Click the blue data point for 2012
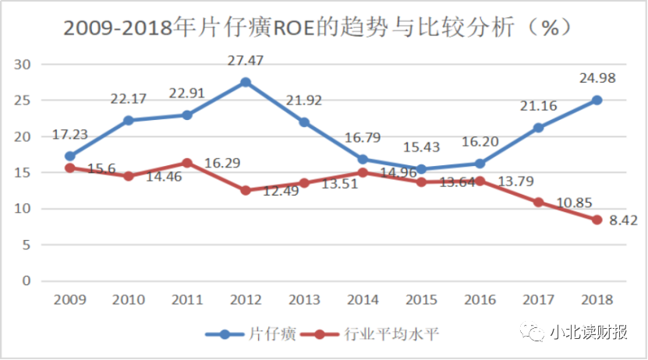coord(246,82)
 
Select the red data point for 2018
coord(597,220)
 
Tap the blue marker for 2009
coord(70,156)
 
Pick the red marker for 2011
coord(187,163)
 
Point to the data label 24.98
coord(596,78)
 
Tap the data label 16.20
coord(478,142)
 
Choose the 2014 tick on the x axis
coord(362,299)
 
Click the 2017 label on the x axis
coord(537,299)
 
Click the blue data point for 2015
coord(421,169)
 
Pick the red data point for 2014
coord(363,172)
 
